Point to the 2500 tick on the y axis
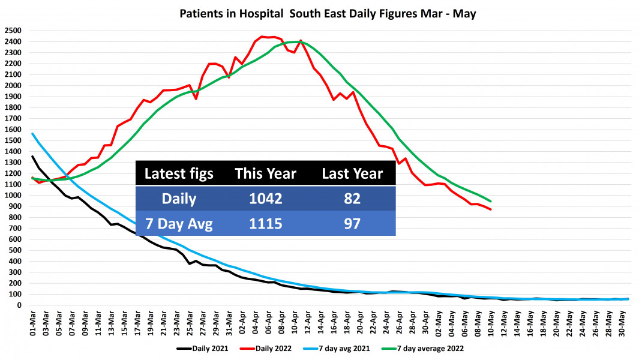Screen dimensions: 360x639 point(14,31)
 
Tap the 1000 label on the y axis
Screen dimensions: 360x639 point(14,196)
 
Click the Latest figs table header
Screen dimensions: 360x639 point(179,174)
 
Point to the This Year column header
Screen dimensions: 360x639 point(265,174)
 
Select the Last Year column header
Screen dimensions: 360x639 point(352,174)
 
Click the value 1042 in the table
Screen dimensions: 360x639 point(265,199)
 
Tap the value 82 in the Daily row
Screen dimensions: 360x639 point(352,199)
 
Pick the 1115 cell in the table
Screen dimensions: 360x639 point(265,223)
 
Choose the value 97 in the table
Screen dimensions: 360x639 point(352,223)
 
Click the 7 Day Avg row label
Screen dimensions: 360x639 point(179,223)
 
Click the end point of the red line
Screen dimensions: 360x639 point(491,209)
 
